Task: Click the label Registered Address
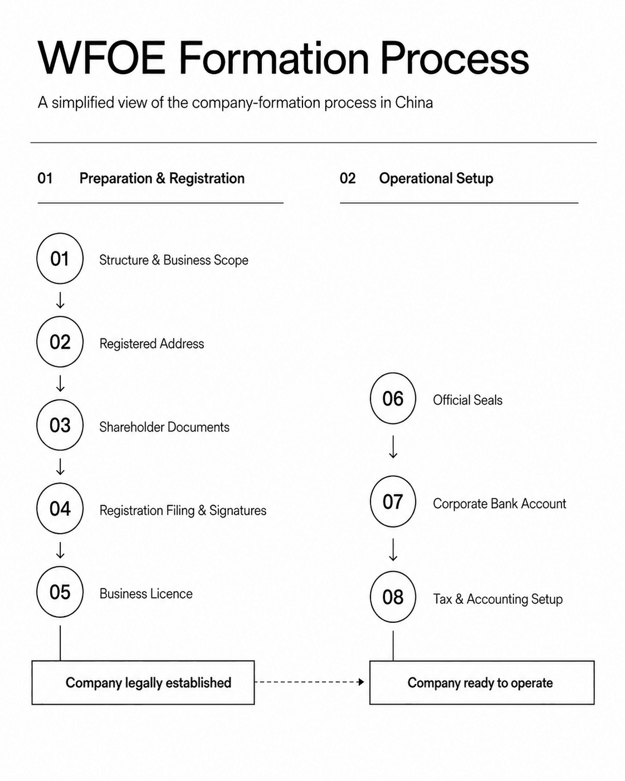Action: (x=152, y=344)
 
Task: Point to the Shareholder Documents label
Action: (x=164, y=427)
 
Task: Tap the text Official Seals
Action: (x=467, y=400)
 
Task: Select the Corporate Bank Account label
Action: (x=500, y=504)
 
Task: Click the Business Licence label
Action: (x=146, y=594)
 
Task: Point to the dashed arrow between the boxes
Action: (x=310, y=682)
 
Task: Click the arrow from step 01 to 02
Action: (x=60, y=300)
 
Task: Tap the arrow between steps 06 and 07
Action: (x=393, y=447)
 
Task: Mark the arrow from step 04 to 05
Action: (x=60, y=550)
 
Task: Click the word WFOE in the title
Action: (x=101, y=58)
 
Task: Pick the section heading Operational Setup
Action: (x=436, y=179)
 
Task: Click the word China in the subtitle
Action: (x=414, y=102)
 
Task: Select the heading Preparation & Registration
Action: (x=162, y=179)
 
